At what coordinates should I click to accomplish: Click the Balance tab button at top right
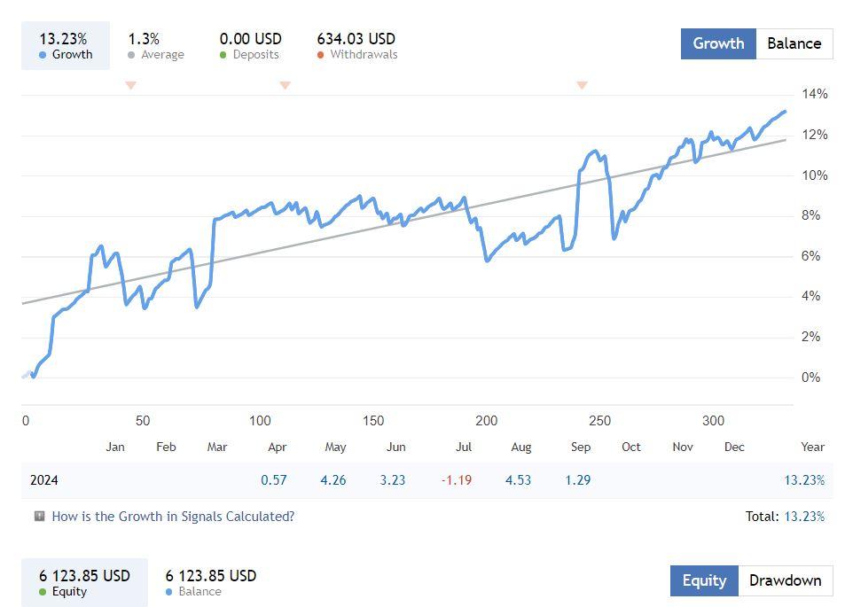click(x=794, y=43)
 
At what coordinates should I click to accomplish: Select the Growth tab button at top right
click(x=718, y=43)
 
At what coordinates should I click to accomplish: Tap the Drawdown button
click(x=785, y=581)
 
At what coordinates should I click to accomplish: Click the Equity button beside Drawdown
click(x=704, y=581)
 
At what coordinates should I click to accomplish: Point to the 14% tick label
click(x=814, y=94)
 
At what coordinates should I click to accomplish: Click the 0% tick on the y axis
click(x=810, y=377)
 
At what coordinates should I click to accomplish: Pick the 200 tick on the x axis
click(x=486, y=421)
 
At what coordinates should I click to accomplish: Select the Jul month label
click(x=463, y=447)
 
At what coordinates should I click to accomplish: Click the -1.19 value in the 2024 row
click(x=457, y=480)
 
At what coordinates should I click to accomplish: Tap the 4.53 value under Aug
click(x=518, y=480)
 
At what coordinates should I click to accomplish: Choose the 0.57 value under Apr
click(x=274, y=480)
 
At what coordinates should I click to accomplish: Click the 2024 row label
click(x=44, y=480)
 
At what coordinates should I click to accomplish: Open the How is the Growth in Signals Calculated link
click(x=173, y=516)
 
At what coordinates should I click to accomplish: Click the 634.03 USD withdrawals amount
click(x=356, y=39)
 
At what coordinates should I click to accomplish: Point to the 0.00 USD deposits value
click(x=250, y=39)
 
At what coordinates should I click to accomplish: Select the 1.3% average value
click(x=144, y=39)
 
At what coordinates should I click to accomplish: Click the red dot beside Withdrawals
click(x=320, y=55)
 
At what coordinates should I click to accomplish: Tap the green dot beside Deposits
click(x=223, y=55)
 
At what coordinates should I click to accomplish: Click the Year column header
click(x=812, y=447)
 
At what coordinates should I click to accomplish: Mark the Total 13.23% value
click(x=804, y=516)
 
